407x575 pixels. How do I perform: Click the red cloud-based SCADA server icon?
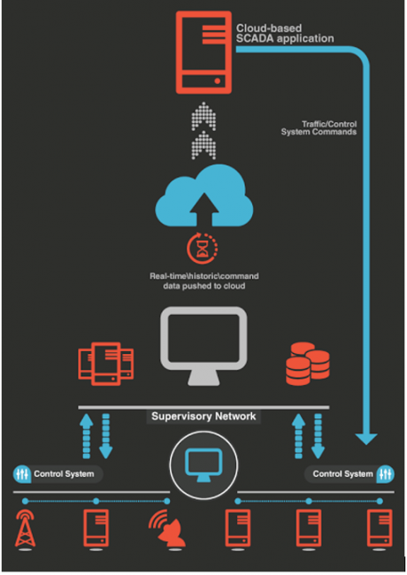203,52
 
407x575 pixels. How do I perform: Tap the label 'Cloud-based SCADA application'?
285,34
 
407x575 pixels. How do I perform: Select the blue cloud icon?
203,195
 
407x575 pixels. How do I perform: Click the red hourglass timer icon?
202,249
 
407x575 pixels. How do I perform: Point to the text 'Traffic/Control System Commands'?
319,128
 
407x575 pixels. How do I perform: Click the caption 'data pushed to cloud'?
204,286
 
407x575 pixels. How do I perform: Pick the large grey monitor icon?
203,346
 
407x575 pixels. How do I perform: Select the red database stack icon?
308,364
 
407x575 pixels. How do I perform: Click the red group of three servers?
106,364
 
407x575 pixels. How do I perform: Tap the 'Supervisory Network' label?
203,417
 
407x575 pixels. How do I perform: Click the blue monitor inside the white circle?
203,465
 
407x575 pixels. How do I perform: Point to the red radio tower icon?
25,528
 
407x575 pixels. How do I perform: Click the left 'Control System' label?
64,474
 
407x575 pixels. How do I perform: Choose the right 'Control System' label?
342,474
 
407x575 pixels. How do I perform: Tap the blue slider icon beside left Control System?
22,474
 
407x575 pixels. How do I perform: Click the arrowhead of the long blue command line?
366,439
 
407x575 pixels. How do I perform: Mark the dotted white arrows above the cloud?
203,131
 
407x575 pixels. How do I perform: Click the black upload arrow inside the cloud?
203,209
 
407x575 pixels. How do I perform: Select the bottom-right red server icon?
380,528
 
